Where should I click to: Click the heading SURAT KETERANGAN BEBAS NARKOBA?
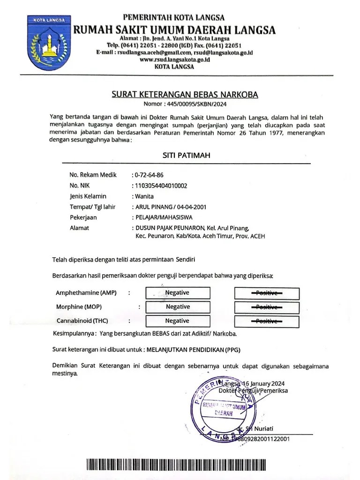[185, 95]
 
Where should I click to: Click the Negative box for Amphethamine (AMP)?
[178, 293]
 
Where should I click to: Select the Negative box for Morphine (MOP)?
[178, 307]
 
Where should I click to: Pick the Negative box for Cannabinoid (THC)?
[178, 321]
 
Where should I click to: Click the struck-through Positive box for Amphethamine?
[266, 293]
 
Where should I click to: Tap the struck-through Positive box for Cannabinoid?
[266, 322]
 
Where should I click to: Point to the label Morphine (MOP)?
[79, 307]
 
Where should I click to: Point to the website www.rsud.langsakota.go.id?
[173, 60]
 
